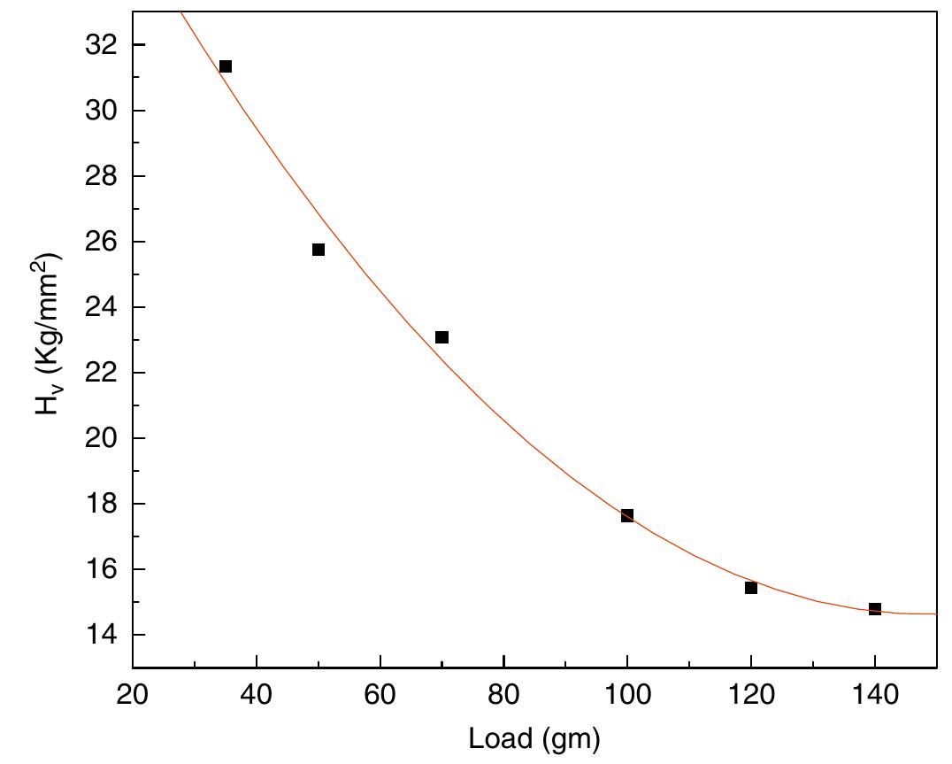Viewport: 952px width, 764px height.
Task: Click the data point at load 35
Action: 226,66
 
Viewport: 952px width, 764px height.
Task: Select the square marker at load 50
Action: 319,250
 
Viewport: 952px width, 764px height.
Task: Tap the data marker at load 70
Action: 442,337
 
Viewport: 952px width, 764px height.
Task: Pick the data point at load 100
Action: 627,515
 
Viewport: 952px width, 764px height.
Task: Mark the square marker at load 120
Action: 751,588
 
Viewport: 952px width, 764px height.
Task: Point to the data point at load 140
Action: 875,609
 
